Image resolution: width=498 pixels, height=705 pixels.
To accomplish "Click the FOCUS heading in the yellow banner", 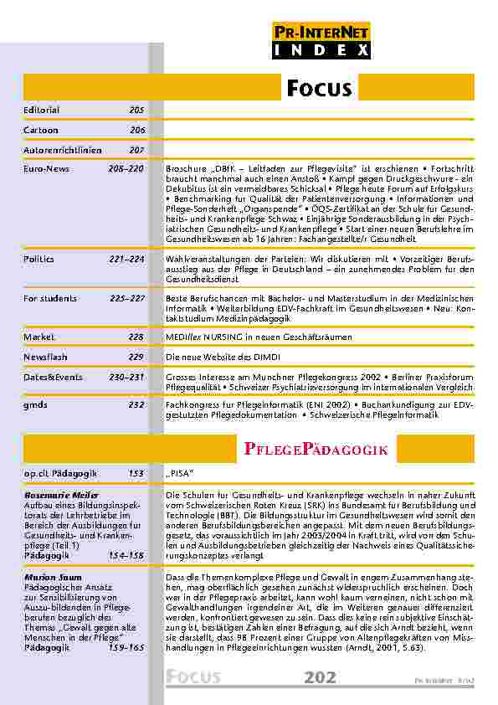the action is point(319,89).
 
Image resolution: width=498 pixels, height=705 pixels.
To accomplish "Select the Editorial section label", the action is point(41,111).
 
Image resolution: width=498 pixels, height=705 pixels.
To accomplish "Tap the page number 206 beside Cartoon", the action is point(136,131).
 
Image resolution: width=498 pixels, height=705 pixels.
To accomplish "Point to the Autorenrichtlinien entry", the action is point(62,150).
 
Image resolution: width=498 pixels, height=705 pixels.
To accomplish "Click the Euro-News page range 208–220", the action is point(126,168).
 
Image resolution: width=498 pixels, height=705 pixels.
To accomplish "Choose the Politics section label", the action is point(39,260).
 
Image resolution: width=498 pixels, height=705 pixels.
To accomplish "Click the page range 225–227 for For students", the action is point(127,298).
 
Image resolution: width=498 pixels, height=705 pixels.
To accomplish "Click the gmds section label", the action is point(35,404).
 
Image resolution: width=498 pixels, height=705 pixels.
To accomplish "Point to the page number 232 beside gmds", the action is point(136,404).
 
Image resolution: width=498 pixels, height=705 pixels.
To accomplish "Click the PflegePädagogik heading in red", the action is point(316,450).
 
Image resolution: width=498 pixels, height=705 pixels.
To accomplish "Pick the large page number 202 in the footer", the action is point(321,677).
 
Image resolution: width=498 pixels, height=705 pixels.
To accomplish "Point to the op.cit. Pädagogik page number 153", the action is point(136,474).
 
